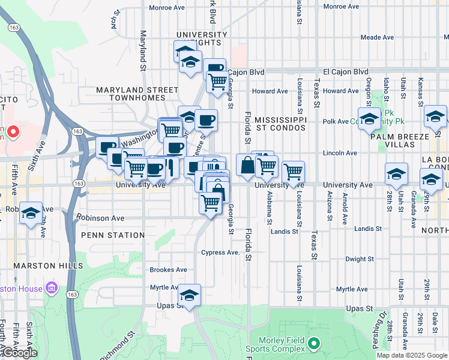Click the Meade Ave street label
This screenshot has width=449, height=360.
click(x=377, y=37)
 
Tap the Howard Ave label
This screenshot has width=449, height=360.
click(x=270, y=91)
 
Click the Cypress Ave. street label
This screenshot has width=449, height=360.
click(x=221, y=253)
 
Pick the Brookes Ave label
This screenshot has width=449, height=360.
click(x=168, y=270)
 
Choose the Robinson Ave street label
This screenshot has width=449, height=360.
click(x=100, y=218)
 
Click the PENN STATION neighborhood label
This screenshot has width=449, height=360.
click(x=113, y=235)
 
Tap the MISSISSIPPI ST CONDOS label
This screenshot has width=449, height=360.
click(x=280, y=124)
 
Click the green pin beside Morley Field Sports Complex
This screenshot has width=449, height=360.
click(x=314, y=344)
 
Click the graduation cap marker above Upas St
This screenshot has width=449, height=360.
click(x=189, y=295)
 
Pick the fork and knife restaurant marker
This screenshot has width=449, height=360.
click(x=170, y=167)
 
